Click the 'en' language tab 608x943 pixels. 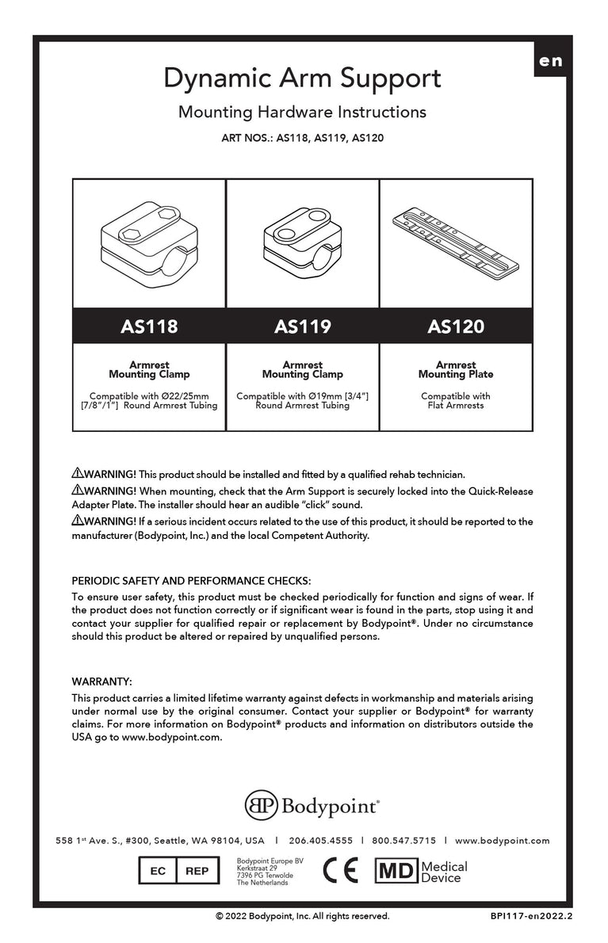point(550,61)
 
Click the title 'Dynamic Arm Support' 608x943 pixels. point(302,78)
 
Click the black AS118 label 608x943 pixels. point(149,326)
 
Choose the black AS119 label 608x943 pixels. point(302,326)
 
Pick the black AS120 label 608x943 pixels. point(456,326)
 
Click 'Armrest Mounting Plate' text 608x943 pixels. point(456,369)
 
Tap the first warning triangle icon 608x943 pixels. point(77,474)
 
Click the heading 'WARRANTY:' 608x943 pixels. point(101,681)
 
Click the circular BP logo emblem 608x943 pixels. point(261,805)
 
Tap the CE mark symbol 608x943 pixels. point(340,871)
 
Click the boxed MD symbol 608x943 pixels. point(396,871)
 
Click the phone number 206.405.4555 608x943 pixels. point(321,841)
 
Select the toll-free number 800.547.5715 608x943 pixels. point(403,841)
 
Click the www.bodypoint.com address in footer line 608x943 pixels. point(502,841)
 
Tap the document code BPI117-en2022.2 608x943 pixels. point(530,916)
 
